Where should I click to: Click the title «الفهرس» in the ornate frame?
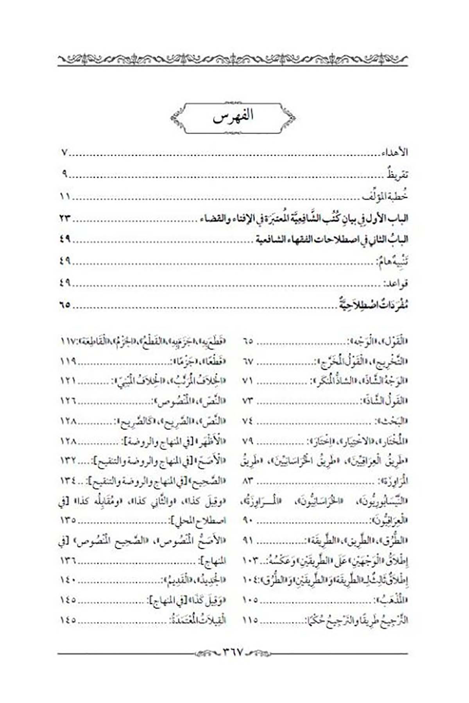pos(233,117)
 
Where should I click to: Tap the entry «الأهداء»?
pos(395,152)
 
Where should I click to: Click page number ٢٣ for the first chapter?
pos(65,218)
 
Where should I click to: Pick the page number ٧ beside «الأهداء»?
pos(65,152)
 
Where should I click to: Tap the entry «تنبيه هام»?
pos(392,262)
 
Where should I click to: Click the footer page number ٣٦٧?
pos(233,651)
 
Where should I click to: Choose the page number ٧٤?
pos(248,421)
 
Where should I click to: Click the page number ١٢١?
pos(68,380)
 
